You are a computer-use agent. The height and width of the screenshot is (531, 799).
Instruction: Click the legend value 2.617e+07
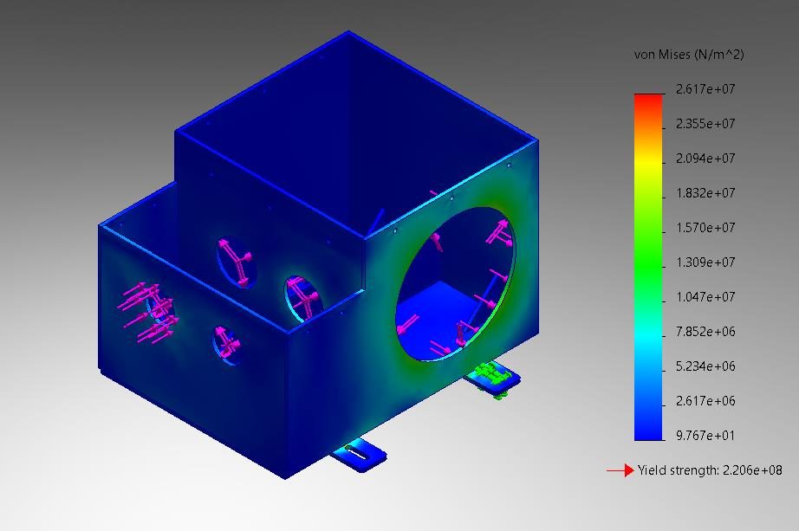click(705, 89)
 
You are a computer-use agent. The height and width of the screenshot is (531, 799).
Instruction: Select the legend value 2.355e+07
click(705, 124)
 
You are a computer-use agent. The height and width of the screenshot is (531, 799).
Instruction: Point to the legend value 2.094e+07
click(705, 159)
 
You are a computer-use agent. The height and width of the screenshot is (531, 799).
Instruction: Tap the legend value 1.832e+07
click(705, 193)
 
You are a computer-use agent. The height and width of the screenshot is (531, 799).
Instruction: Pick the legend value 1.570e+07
click(705, 228)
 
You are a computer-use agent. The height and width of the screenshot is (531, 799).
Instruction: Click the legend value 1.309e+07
click(705, 262)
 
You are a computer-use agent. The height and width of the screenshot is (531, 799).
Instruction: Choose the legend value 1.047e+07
click(705, 297)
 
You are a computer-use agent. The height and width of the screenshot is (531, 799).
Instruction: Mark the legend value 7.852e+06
click(705, 332)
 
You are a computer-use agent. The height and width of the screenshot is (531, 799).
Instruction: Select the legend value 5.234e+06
click(705, 366)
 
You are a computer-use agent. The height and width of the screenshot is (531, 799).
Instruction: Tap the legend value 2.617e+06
click(705, 401)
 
